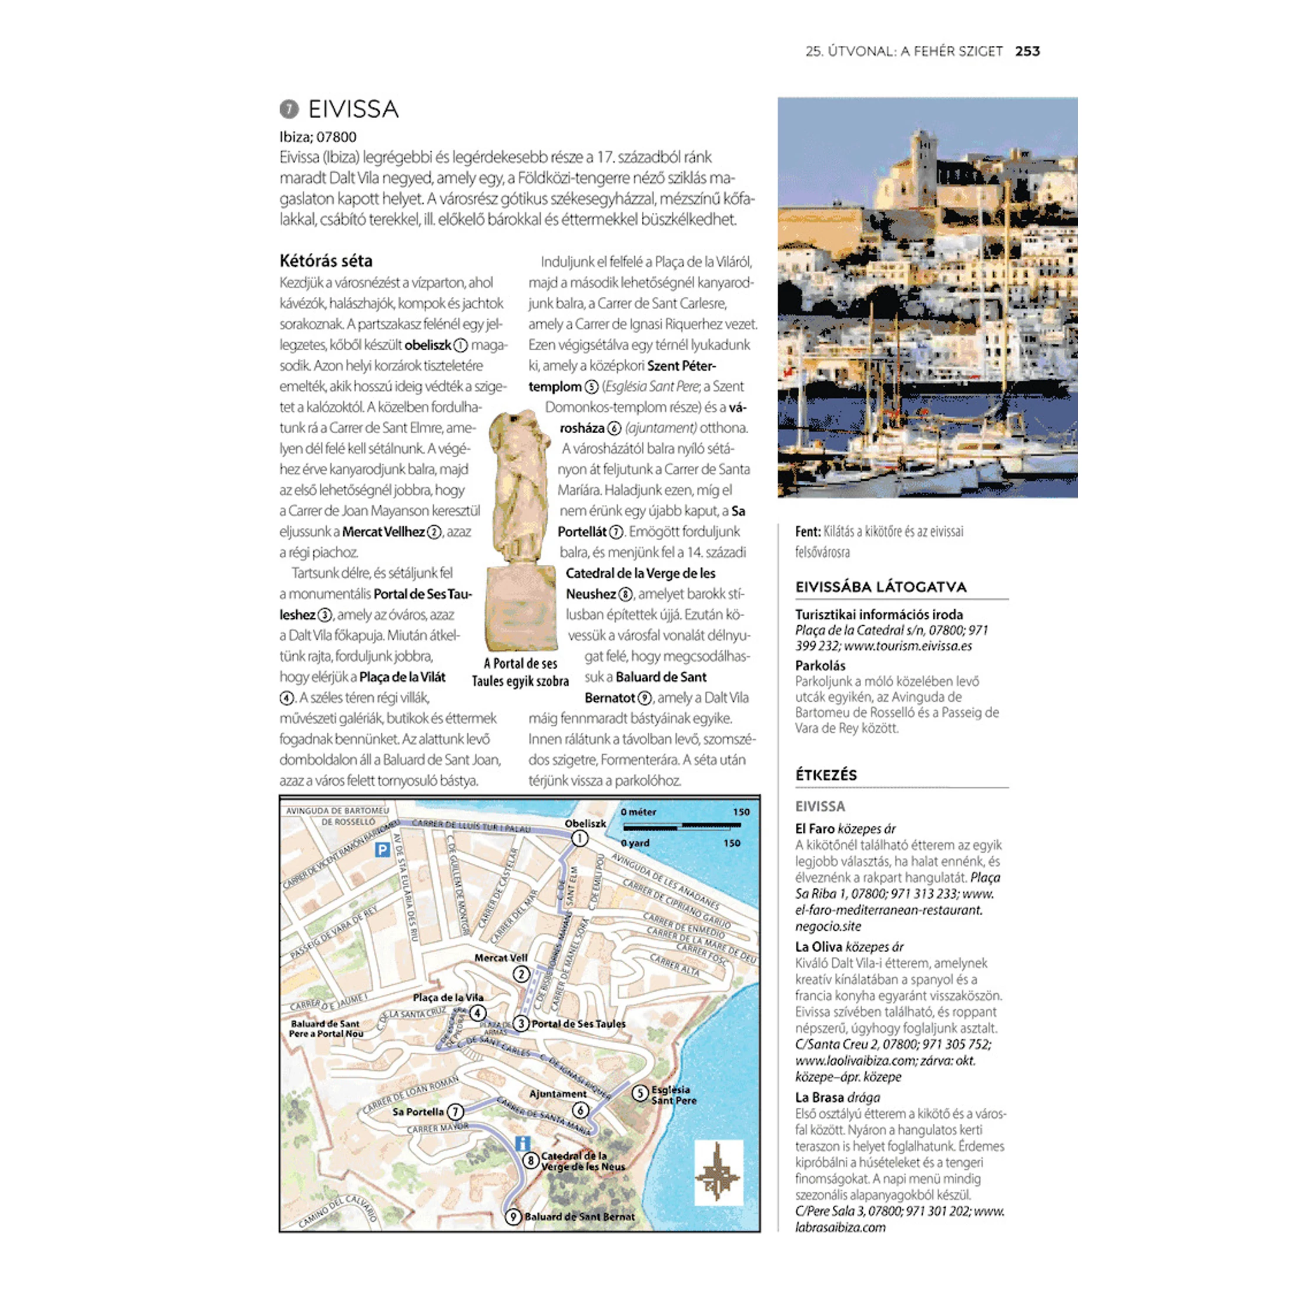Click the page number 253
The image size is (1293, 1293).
pyautogui.click(x=1027, y=52)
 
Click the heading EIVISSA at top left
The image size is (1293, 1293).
pyautogui.click(x=353, y=109)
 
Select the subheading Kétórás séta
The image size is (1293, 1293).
pyautogui.click(x=326, y=261)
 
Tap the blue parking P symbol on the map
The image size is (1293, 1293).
pyautogui.click(x=382, y=850)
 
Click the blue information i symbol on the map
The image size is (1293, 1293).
pyautogui.click(x=522, y=1144)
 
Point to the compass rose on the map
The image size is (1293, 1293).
pyautogui.click(x=718, y=1173)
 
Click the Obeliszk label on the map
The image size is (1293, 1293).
pyautogui.click(x=585, y=824)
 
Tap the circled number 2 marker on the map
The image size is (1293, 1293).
pyautogui.click(x=521, y=974)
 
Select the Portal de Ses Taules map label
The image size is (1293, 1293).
pyautogui.click(x=578, y=1024)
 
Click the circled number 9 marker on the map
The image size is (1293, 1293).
pyautogui.click(x=512, y=1217)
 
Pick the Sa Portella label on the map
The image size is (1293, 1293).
pyautogui.click(x=418, y=1111)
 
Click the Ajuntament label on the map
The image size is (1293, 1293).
pyautogui.click(x=558, y=1094)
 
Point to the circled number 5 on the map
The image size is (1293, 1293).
pyautogui.click(x=640, y=1094)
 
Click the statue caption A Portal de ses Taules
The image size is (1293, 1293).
pyautogui.click(x=520, y=672)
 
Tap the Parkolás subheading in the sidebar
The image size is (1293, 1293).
pyautogui.click(x=820, y=666)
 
